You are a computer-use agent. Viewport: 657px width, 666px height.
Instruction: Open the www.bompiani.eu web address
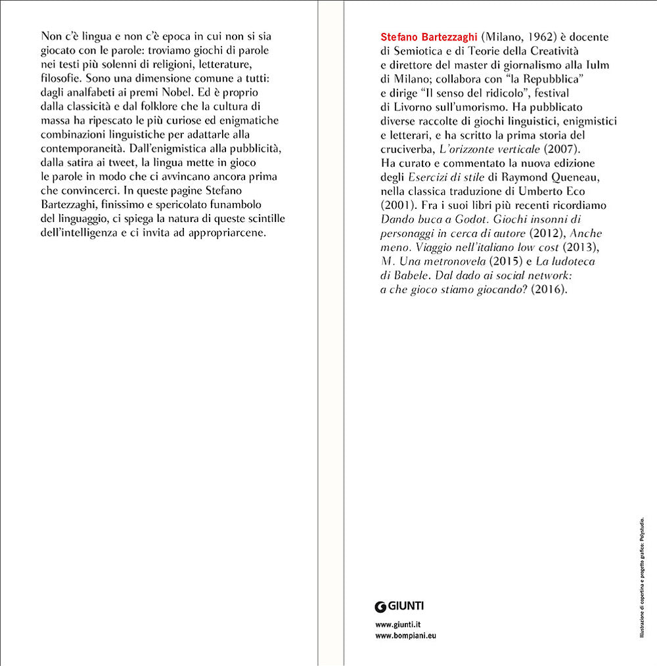click(405, 636)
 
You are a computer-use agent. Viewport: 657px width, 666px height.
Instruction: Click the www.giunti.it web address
click(397, 624)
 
